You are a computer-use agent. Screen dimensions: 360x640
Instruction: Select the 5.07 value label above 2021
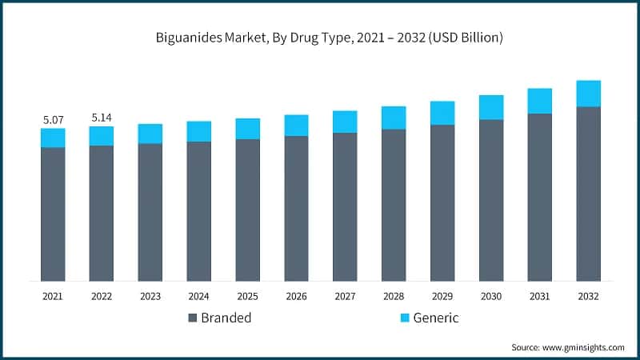[x=53, y=119]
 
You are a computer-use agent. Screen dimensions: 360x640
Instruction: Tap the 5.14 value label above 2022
[x=102, y=118]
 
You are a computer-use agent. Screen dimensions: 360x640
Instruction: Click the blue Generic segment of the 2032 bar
[x=589, y=94]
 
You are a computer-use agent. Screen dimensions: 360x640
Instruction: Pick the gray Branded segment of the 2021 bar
[x=53, y=214]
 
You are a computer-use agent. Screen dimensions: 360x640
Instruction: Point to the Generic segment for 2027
[x=345, y=122]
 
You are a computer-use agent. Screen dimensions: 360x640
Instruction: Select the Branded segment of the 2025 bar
[x=247, y=210]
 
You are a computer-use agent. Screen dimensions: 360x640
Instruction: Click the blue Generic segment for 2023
[x=150, y=134]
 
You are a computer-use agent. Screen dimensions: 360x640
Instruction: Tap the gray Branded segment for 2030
[x=491, y=200]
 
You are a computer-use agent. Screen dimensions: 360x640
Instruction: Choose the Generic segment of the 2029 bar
[x=442, y=113]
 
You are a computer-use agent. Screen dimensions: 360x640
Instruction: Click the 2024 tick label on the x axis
[x=198, y=296]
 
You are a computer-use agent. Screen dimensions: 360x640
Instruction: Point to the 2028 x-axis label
[x=394, y=296]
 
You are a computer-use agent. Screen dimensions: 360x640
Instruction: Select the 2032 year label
[x=589, y=296]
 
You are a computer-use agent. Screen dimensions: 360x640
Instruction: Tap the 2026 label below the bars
[x=296, y=296]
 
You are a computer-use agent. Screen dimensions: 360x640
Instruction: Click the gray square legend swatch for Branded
[x=193, y=318]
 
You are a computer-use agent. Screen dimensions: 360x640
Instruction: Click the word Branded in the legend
[x=226, y=318]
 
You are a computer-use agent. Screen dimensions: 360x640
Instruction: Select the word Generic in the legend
[x=436, y=318]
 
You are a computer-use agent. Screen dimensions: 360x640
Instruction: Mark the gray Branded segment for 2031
[x=540, y=197]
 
